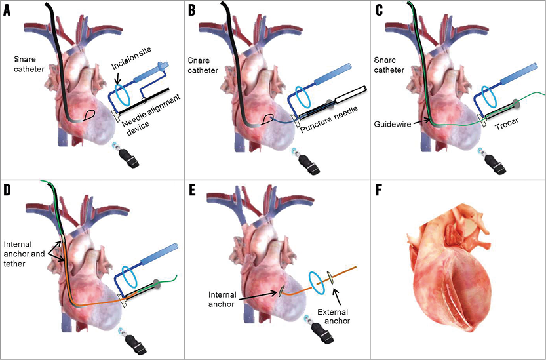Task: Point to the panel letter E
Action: pyautogui.click(x=192, y=190)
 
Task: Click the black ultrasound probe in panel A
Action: pyautogui.click(x=124, y=155)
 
